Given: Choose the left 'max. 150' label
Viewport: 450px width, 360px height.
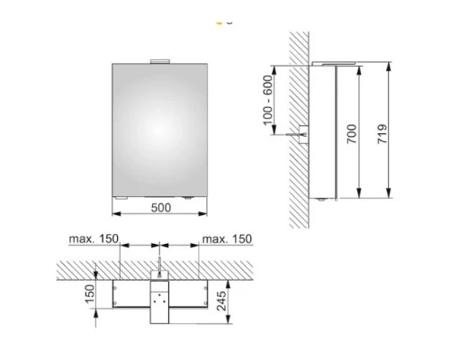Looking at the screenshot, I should tap(94, 238).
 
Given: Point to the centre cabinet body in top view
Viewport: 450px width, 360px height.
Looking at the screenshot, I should tap(159, 301).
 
